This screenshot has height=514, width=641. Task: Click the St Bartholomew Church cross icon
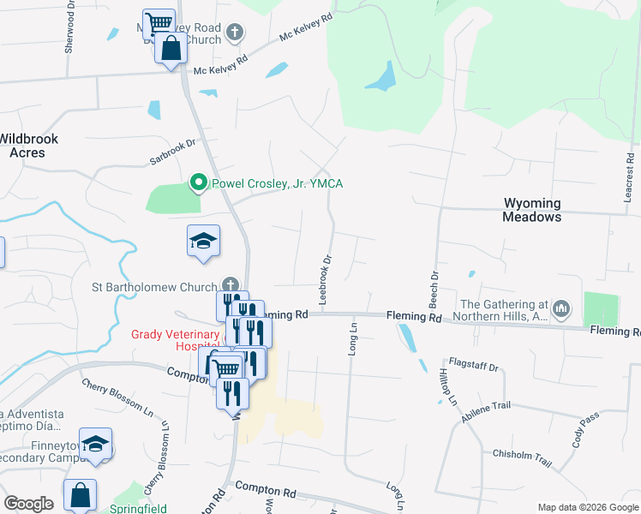coord(230,285)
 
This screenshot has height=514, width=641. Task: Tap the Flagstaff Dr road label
coord(473,367)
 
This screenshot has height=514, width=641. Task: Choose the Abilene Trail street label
coord(487,412)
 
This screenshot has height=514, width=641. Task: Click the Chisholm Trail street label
coord(522,457)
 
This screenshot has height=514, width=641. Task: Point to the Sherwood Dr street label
coord(69,33)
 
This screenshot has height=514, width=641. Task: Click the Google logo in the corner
coord(28,503)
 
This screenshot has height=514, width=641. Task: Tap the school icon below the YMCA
coord(204,241)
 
